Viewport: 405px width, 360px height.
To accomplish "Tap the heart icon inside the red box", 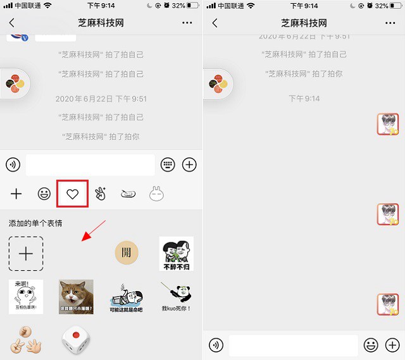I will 72,194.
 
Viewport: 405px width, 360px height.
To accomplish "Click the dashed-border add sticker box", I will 26,254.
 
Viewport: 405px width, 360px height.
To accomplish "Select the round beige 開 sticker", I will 126,253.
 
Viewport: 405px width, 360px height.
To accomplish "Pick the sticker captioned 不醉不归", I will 176,254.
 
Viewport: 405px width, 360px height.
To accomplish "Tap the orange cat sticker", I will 76,297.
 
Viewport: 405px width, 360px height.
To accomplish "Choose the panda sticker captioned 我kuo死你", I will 176,297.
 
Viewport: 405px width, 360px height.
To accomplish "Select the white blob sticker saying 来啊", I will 26,297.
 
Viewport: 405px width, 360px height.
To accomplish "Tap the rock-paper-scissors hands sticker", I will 26,340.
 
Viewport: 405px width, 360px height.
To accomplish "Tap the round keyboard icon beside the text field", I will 168,164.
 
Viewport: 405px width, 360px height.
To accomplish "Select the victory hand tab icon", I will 101,194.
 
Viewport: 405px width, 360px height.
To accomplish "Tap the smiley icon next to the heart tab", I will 44,194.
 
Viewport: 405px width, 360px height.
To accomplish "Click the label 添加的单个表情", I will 35,223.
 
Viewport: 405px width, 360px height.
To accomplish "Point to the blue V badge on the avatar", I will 25,38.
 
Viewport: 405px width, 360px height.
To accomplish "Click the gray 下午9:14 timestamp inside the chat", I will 304,99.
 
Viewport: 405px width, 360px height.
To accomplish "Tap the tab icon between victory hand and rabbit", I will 128,194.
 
